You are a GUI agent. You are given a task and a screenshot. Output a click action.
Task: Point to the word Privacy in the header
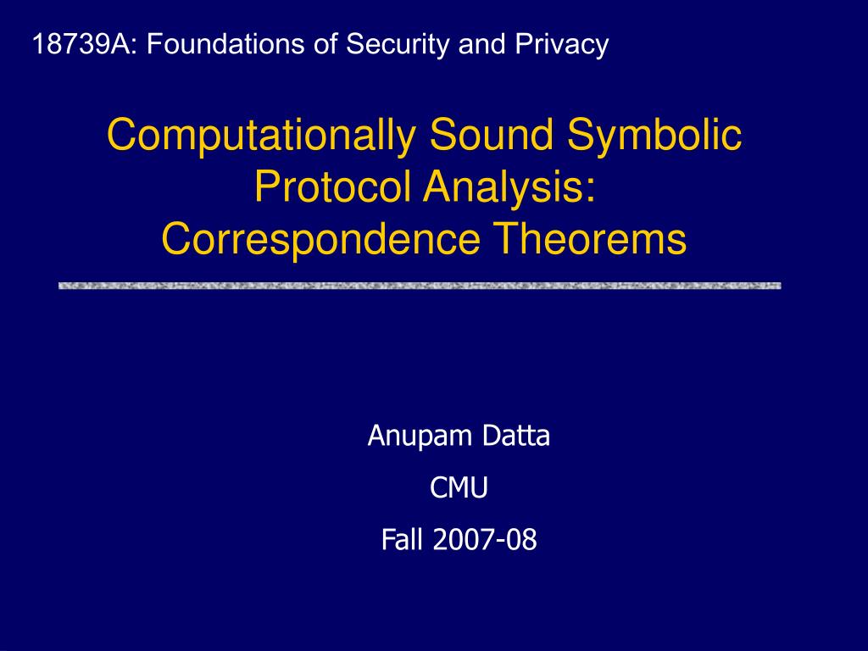(562, 45)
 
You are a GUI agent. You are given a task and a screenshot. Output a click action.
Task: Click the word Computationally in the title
(261, 136)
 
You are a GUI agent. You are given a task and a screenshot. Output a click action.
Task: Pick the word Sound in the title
(491, 135)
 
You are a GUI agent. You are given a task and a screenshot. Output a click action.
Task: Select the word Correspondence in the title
(320, 240)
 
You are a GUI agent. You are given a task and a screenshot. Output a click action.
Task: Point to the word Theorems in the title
(590, 238)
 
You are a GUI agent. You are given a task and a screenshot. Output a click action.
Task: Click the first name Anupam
(419, 437)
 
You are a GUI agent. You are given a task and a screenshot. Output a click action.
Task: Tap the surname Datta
(516, 436)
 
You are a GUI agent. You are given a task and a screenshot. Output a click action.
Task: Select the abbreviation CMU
(459, 487)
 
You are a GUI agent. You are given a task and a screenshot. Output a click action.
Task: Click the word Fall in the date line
(403, 539)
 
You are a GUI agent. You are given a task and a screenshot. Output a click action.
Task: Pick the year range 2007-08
(485, 540)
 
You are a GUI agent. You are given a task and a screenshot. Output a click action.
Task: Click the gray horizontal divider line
(420, 286)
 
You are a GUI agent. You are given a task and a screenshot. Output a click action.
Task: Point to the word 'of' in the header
(325, 44)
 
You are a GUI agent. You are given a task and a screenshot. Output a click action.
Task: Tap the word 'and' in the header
(482, 44)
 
